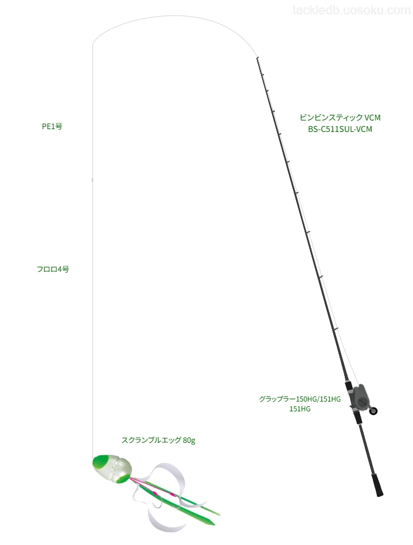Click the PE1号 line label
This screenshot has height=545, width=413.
click(52, 127)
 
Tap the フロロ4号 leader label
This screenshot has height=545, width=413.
click(53, 269)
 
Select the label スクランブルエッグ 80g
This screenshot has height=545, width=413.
click(158, 440)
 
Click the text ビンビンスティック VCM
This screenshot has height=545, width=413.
click(340, 118)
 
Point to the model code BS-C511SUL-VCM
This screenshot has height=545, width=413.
click(340, 129)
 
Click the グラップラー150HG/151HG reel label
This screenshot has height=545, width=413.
click(299, 399)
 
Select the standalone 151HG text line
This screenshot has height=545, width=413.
click(300, 408)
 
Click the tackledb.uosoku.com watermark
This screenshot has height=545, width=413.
click(352, 10)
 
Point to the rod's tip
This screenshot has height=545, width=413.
click(257, 57)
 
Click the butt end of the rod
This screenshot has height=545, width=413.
click(380, 495)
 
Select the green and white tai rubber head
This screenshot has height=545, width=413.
click(112, 469)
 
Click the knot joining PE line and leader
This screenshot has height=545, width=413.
click(92, 180)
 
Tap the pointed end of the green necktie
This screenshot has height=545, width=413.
click(213, 524)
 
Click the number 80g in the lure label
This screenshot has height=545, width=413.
click(189, 441)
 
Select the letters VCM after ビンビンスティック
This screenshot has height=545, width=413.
click(372, 118)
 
